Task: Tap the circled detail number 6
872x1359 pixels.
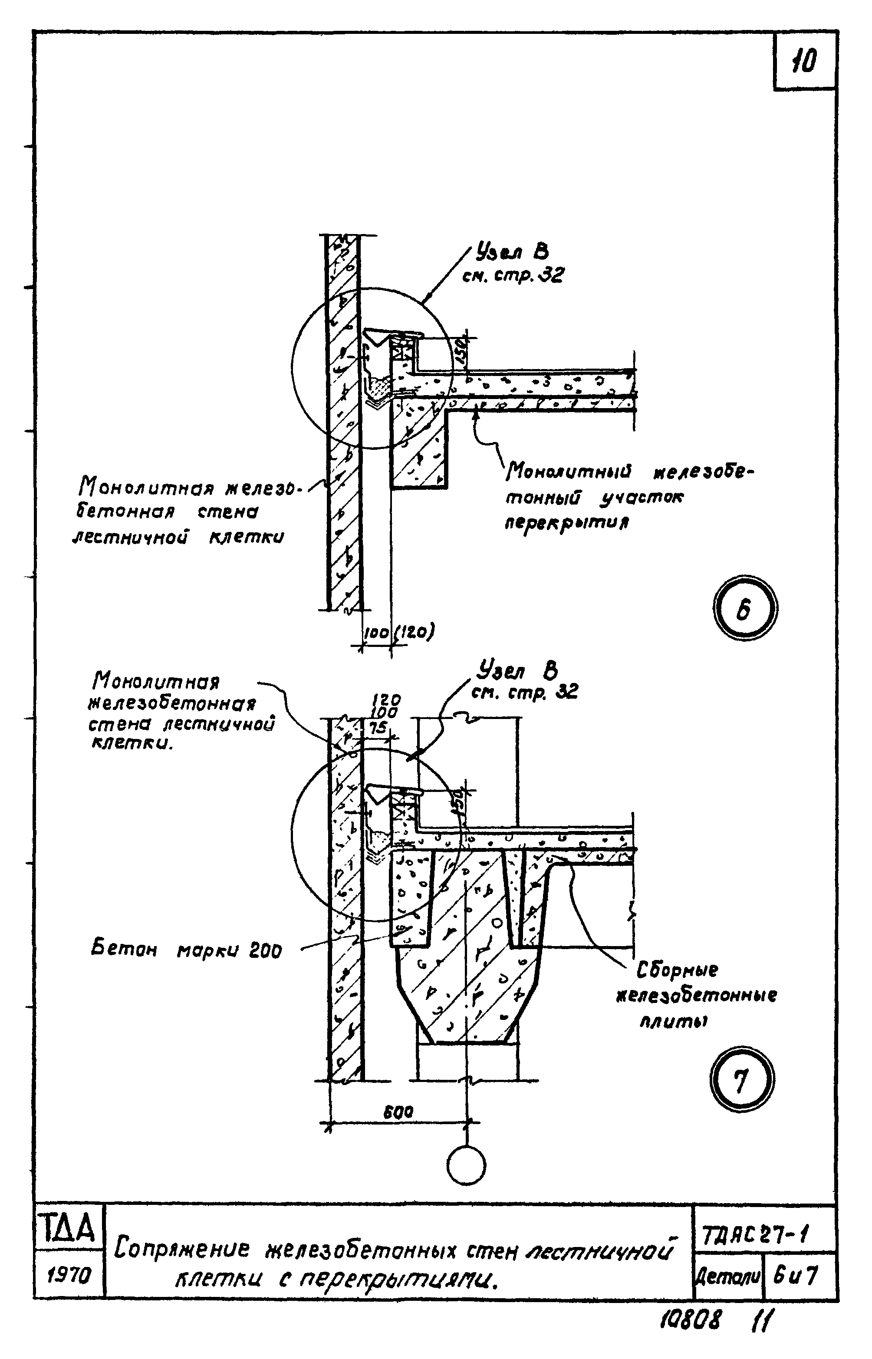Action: (744, 609)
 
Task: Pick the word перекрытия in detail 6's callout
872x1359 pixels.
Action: (567, 523)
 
